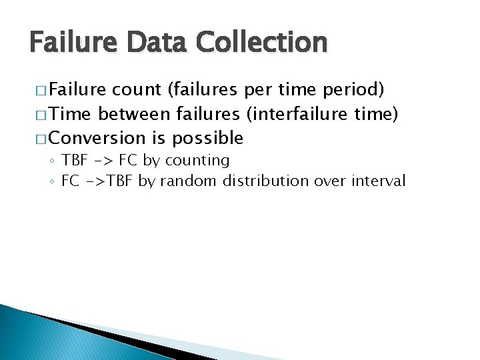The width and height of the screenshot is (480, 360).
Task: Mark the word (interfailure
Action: [x=296, y=113]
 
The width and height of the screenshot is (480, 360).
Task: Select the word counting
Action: [x=197, y=160]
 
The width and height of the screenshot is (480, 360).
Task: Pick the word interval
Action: [x=381, y=181]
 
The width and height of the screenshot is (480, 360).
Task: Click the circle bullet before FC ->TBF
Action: [x=53, y=181]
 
